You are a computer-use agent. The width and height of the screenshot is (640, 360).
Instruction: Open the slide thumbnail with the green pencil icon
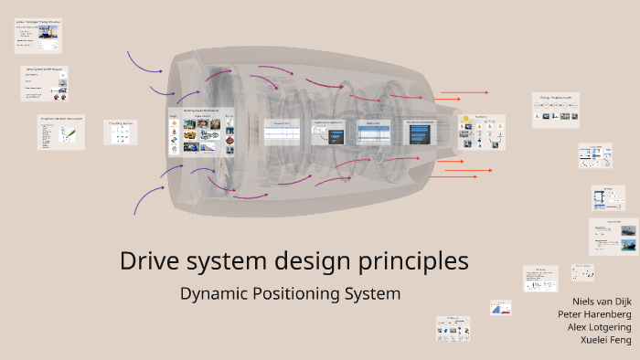point(61,132)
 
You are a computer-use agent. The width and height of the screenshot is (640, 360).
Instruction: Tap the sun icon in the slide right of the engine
point(465,120)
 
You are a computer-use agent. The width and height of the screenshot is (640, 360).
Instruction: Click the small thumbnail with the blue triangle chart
point(500,308)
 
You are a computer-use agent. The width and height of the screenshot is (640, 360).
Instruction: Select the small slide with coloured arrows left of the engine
point(120,132)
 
